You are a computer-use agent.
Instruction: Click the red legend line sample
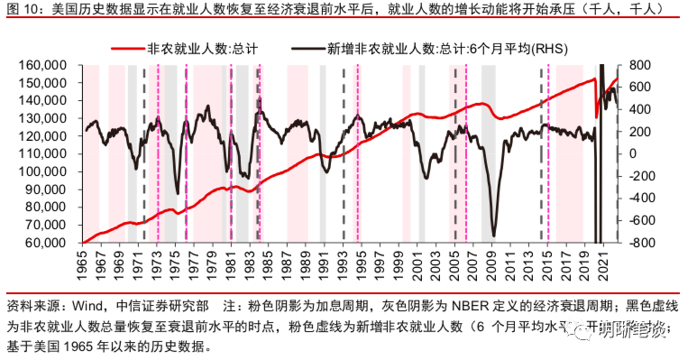pos(125,50)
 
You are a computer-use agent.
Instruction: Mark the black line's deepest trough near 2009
pos(493,235)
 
